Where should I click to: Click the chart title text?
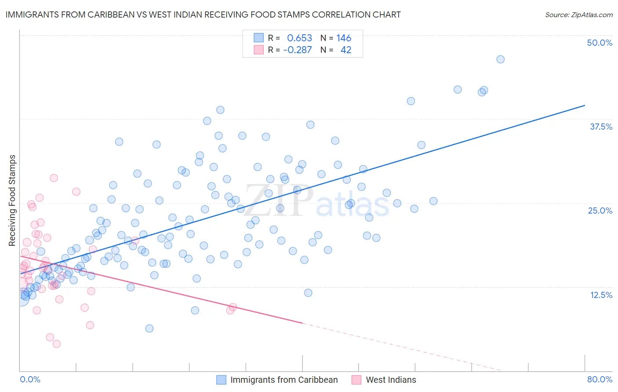point(203,15)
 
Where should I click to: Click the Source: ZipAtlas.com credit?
point(578,15)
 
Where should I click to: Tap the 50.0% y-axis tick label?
point(600,43)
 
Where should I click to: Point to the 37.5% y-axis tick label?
point(601,127)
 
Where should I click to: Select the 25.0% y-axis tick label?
point(600,211)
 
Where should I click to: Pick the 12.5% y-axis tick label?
point(601,295)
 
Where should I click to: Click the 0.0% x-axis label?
point(30,379)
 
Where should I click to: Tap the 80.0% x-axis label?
point(600,379)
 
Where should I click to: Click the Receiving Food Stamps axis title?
point(12,200)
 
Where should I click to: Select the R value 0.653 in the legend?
point(299,38)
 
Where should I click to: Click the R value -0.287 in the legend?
point(298,50)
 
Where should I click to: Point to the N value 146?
point(344,38)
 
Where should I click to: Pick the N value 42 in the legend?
point(346,50)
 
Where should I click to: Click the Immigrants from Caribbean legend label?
point(284,380)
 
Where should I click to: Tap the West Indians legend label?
point(391,380)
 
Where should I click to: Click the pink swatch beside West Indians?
point(356,380)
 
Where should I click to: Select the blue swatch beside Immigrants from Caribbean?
point(221,380)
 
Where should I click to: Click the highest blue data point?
point(500,59)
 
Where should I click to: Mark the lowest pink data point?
point(56,344)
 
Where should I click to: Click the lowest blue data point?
point(149,328)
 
